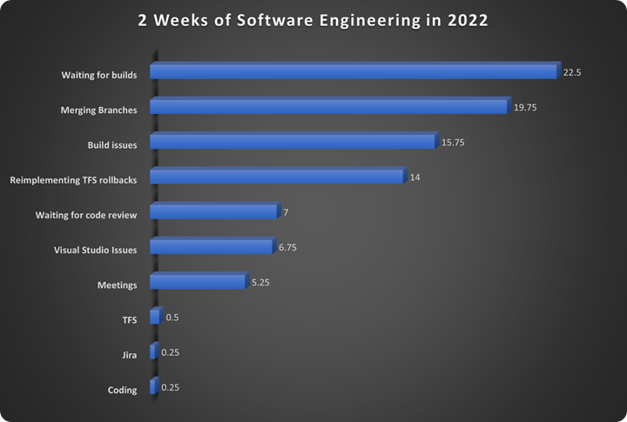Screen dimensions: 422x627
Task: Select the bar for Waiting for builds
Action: click(353, 71)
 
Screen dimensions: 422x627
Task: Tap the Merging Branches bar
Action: click(328, 106)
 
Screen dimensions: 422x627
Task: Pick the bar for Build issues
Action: click(292, 142)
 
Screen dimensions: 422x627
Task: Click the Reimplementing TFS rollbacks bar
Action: click(276, 177)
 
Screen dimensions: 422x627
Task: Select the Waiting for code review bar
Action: click(213, 211)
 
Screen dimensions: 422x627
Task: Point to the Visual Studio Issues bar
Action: click(212, 247)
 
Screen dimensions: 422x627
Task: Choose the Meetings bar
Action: click(198, 282)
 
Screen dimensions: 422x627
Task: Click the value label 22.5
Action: click(571, 72)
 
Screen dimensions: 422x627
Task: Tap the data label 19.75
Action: click(526, 107)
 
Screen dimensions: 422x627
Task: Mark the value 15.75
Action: click(453, 143)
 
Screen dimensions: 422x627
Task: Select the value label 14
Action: click(415, 178)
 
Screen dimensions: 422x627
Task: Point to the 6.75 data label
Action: click(289, 248)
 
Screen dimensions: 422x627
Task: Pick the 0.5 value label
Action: click(172, 318)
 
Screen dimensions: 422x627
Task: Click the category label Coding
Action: click(122, 390)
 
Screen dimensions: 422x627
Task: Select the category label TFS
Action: click(129, 320)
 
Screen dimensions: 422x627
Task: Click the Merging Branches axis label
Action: click(98, 111)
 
